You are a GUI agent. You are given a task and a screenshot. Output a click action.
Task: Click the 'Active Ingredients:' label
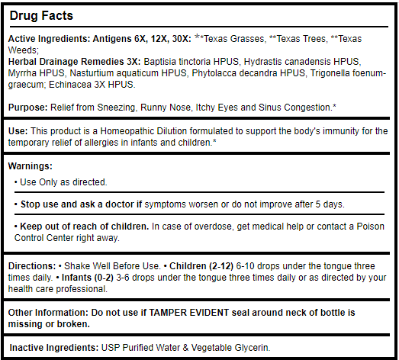pos(49,39)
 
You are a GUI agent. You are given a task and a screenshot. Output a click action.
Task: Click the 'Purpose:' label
pos(28,106)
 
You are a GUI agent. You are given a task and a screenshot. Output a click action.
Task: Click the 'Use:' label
pos(18,131)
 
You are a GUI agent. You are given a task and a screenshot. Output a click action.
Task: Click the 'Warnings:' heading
pos(31,166)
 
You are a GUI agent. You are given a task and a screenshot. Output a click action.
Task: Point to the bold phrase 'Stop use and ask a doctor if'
pos(79,204)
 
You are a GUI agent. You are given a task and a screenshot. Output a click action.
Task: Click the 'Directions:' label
pos(32,266)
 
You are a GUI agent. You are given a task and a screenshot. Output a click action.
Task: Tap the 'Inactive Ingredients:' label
pos(53,348)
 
